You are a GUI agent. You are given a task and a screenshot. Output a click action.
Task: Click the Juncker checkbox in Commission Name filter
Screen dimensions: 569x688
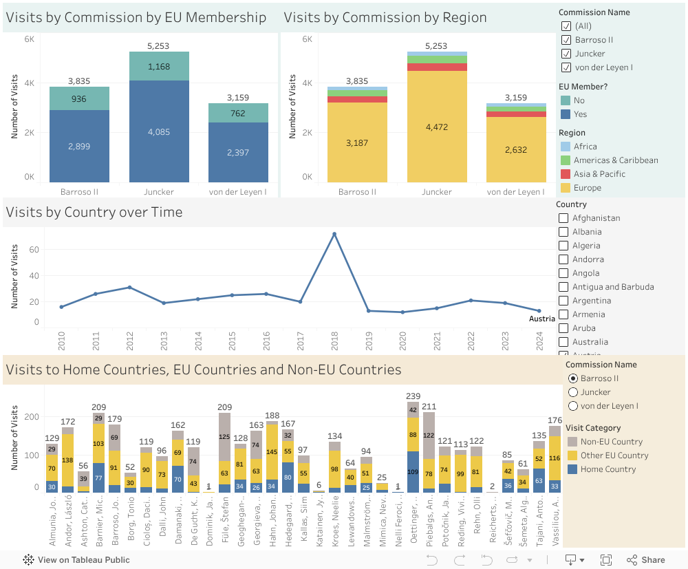[x=566, y=54]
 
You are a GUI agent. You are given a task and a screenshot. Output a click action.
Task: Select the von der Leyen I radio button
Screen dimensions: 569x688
[x=572, y=406]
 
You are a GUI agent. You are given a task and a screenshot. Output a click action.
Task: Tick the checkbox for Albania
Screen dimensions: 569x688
[x=563, y=232]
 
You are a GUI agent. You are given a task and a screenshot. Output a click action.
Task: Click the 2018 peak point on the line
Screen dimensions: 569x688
[x=334, y=235]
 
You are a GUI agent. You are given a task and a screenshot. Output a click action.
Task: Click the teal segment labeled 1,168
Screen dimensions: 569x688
[x=158, y=67]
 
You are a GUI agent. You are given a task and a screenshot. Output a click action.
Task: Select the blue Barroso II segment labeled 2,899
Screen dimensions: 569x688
[x=78, y=146]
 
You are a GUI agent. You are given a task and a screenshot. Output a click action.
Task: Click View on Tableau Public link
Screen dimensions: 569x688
[x=83, y=560]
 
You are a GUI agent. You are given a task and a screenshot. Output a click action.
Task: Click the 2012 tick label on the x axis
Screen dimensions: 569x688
[x=129, y=337]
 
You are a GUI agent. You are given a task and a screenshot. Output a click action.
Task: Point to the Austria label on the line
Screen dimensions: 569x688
[x=541, y=319]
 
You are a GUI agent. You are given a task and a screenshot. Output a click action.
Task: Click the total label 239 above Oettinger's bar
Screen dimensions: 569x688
[x=413, y=396]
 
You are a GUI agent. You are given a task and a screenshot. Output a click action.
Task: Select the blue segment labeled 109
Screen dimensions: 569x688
[x=413, y=472]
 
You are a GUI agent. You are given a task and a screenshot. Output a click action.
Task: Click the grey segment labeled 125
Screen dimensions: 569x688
[x=224, y=437]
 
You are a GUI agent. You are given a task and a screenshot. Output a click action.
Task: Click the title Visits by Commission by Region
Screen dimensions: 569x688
[x=385, y=18]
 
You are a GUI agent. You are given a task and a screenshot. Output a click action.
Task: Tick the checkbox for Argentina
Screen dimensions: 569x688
[x=563, y=301]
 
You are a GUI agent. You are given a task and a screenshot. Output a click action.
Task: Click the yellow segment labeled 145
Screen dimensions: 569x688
[x=272, y=452]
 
